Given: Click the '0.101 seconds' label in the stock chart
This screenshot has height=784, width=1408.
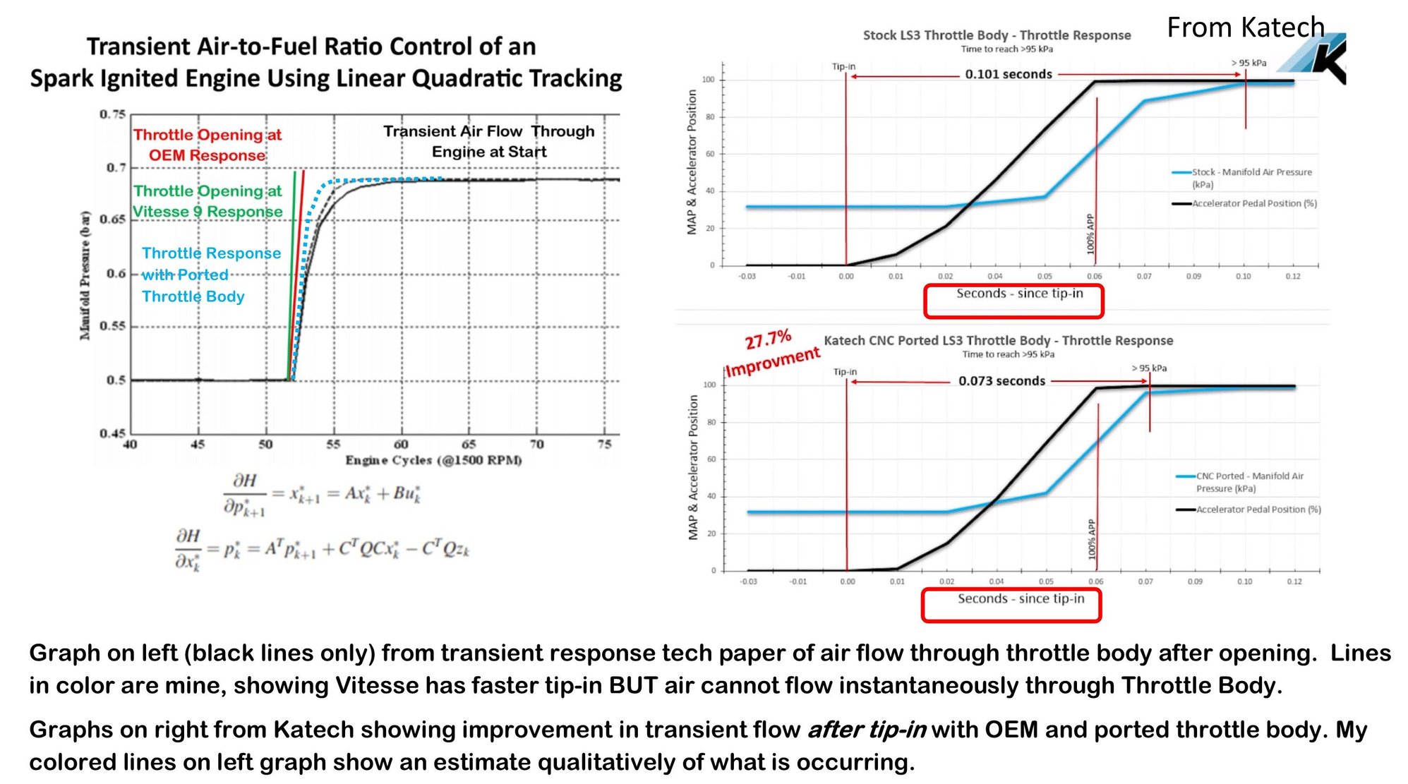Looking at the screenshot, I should click(1008, 74).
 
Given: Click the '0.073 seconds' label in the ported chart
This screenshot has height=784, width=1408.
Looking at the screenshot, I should click(1001, 381).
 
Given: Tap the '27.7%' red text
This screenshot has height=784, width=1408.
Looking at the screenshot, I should click(768, 340).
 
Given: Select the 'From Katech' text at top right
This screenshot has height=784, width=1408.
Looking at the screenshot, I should click(1245, 28).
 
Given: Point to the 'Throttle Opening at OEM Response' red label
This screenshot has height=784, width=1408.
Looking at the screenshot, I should click(207, 145).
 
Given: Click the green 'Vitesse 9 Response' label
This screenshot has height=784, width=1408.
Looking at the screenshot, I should click(207, 212).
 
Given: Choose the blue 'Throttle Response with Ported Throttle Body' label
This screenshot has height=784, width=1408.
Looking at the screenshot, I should click(210, 275).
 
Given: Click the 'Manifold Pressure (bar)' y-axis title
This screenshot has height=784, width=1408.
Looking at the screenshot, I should click(85, 276).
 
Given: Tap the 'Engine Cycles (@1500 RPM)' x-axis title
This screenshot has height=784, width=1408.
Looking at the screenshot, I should click(433, 460).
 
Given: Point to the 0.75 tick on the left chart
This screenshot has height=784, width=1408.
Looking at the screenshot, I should click(112, 114).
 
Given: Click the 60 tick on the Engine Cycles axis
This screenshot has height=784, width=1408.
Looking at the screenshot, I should click(401, 445).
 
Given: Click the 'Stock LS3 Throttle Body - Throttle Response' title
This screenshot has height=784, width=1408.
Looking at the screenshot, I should click(997, 35).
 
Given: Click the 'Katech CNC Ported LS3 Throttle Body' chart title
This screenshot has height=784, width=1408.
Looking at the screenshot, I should click(998, 341).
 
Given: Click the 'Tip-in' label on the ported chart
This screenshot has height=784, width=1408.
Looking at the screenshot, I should click(845, 372).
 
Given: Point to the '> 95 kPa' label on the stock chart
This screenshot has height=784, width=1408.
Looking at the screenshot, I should click(1248, 63).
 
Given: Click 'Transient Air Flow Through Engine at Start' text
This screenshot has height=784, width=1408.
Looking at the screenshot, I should click(488, 141).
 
